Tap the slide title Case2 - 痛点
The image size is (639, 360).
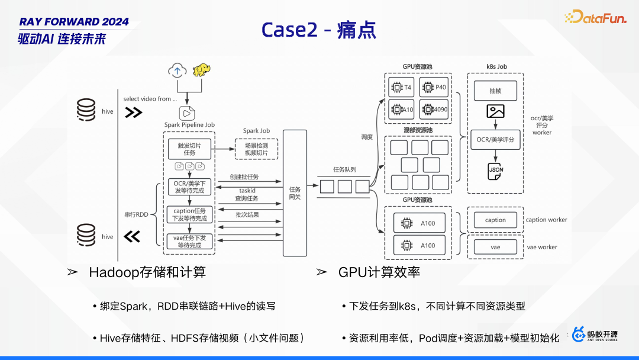click(x=319, y=30)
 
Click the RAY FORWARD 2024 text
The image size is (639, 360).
click(x=74, y=22)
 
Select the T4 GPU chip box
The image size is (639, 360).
click(x=401, y=88)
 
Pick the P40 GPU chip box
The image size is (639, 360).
click(x=434, y=88)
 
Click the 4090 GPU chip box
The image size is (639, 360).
click(x=434, y=110)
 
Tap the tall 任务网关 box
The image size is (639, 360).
click(x=295, y=193)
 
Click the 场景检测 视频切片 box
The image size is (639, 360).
click(x=256, y=149)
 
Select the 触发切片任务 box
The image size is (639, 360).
click(x=189, y=149)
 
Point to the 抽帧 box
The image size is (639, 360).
click(x=495, y=91)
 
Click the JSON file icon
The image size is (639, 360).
click(x=495, y=171)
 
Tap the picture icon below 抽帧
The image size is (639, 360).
click(x=495, y=111)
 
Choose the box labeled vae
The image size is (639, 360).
click(x=495, y=247)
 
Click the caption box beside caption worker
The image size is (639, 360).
click(x=495, y=220)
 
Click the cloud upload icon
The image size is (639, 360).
click(x=176, y=70)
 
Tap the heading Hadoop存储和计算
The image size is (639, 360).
click(x=147, y=272)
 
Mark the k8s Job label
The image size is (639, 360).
click(x=495, y=67)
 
